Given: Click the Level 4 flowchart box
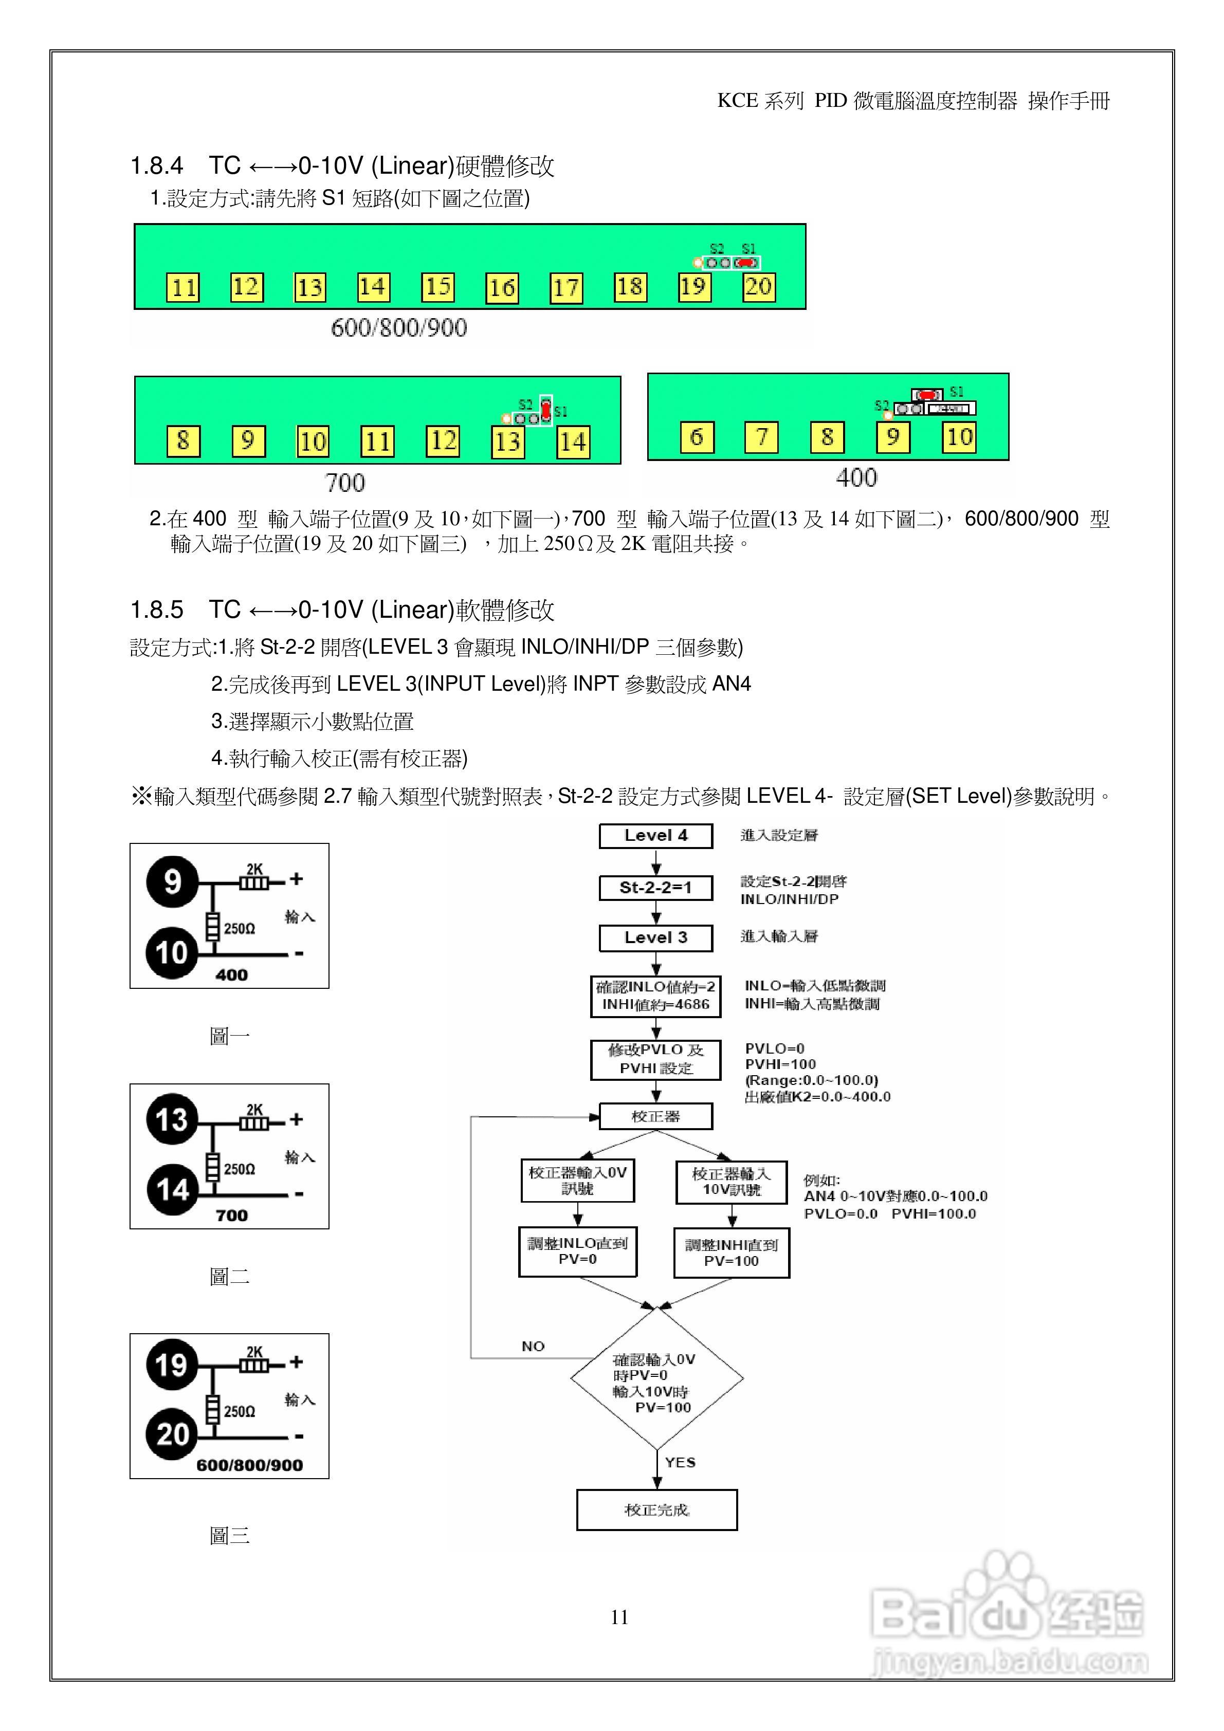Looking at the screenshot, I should tap(655, 835).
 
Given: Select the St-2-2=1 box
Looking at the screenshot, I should tap(655, 888).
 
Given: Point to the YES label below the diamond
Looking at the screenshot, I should tap(680, 1462).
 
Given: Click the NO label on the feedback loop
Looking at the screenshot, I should tap(533, 1346).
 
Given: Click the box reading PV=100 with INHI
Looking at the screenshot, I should tap(731, 1253).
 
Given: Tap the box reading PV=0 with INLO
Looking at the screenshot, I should tap(578, 1251).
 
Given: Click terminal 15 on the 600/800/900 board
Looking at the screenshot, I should tap(437, 286).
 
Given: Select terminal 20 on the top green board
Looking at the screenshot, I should tap(758, 286).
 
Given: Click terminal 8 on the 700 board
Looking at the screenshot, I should tap(183, 440).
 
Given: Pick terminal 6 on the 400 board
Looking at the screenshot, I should tap(696, 436).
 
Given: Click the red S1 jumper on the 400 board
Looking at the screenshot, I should tap(927, 394).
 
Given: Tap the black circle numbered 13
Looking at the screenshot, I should tap(172, 1119).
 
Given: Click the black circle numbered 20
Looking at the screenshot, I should tap(172, 1433).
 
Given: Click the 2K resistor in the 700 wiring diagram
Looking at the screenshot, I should tap(254, 1122).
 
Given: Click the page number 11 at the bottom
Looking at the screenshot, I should tap(619, 1616).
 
